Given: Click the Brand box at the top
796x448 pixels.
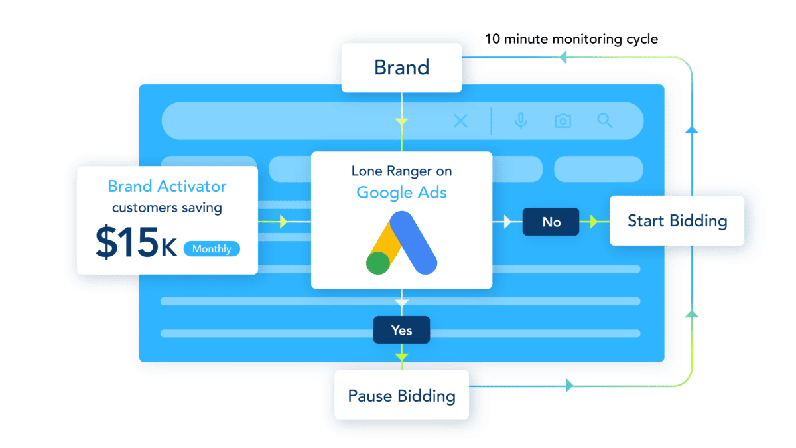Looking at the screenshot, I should tap(401, 67).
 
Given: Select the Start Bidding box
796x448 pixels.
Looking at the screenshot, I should tap(677, 221).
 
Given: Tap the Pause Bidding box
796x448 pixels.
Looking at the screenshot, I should tap(401, 396).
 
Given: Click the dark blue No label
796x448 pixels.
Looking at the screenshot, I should tap(551, 222).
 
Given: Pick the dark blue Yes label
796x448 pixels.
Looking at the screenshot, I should tap(401, 330).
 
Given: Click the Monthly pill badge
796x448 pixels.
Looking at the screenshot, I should tap(212, 249).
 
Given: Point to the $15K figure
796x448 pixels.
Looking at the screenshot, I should tap(135, 243).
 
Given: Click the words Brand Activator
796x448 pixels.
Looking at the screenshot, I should tap(166, 187).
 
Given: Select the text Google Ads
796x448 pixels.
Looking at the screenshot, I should tap(401, 192).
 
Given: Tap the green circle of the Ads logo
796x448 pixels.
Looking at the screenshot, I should tap(378, 263).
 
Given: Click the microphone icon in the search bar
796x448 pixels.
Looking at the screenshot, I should tap(521, 121).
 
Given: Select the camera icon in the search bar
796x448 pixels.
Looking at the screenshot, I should tap(563, 121).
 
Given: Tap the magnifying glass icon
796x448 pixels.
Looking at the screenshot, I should tap(604, 121).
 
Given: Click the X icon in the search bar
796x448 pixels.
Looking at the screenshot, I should tap(460, 121).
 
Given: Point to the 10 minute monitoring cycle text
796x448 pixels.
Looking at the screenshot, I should tap(570, 39).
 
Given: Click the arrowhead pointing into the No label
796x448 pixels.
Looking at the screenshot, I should tap(507, 222).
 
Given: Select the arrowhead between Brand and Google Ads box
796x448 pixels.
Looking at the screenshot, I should tap(401, 122).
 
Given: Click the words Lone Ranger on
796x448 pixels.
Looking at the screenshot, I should tap(401, 171).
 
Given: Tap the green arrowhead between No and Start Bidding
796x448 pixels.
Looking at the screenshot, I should tap(594, 222).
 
